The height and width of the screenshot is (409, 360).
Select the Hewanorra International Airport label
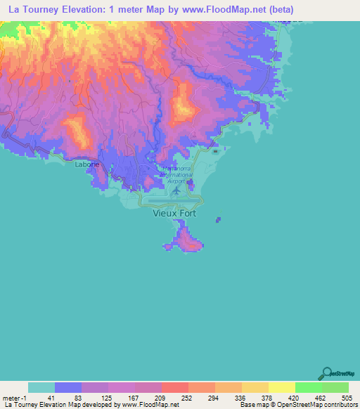point(176,174)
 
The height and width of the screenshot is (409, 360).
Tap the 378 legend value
point(268,397)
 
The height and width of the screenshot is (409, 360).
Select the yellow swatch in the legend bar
point(281,387)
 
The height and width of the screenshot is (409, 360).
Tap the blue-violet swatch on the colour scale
point(68,387)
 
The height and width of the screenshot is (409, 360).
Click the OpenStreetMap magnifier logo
point(326,373)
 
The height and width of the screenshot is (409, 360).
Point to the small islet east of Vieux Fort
point(217,220)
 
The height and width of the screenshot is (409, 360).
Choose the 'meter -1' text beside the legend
point(13,397)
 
